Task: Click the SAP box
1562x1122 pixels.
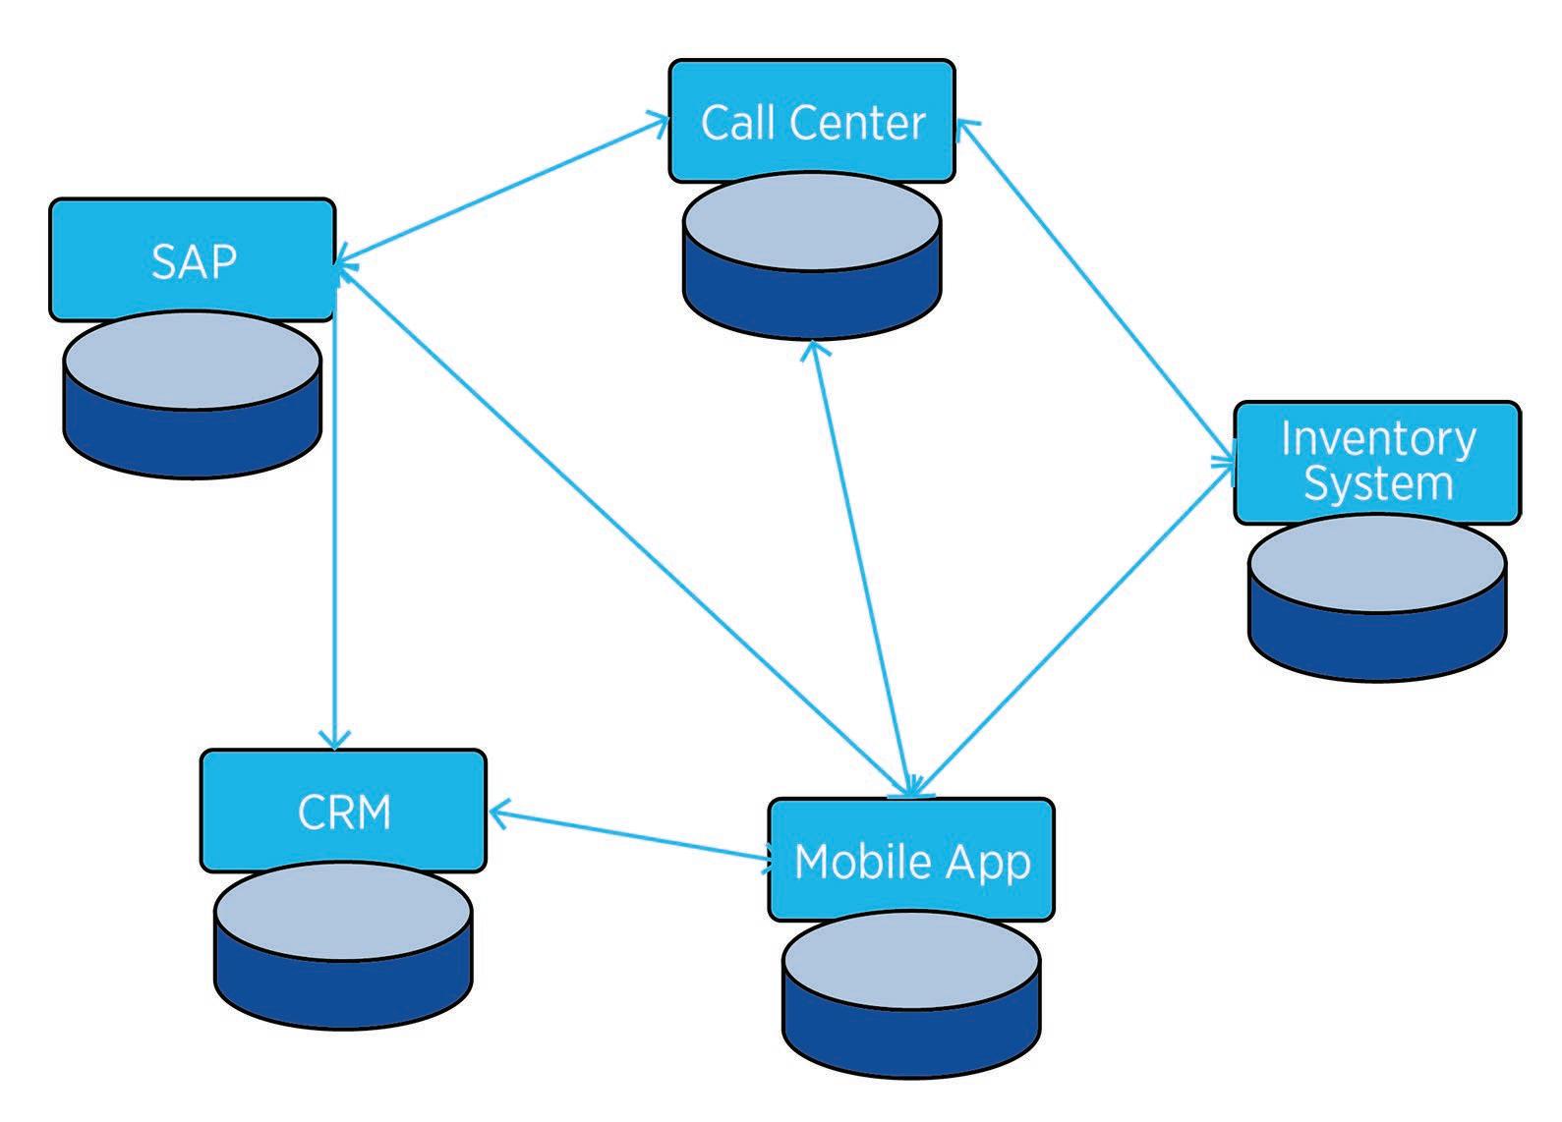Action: tap(193, 259)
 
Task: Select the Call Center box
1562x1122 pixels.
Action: tap(812, 121)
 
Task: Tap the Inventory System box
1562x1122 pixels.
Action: tap(1376, 462)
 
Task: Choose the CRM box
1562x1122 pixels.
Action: tap(343, 811)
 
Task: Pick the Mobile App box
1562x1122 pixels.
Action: tap(911, 860)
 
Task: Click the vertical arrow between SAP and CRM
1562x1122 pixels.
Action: tap(336, 531)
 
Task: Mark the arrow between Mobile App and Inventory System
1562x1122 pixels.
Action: tap(1071, 629)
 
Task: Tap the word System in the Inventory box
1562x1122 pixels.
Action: tap(1377, 484)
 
